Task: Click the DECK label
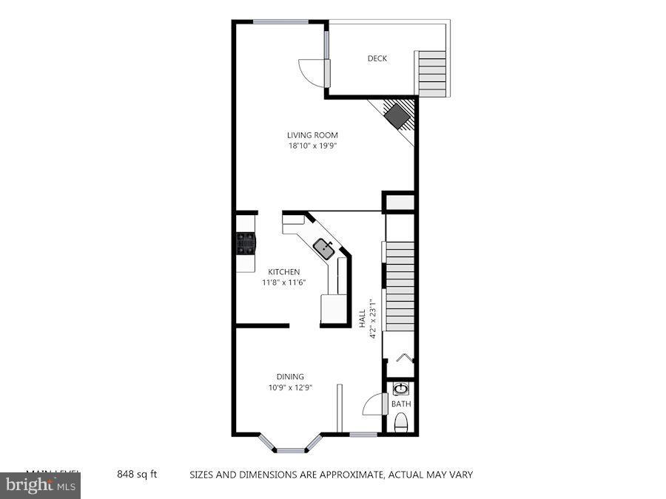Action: click(x=377, y=59)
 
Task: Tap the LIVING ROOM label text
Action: click(x=312, y=135)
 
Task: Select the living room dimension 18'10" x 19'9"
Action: click(x=312, y=146)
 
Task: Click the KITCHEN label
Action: click(x=284, y=272)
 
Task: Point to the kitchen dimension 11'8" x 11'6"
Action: click(x=284, y=282)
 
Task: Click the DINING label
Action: click(x=290, y=376)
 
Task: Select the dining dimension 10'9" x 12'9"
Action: click(x=290, y=387)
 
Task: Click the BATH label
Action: click(x=401, y=404)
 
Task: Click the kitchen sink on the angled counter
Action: click(x=323, y=248)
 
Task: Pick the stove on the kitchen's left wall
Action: click(x=245, y=243)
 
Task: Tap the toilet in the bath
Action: click(x=401, y=423)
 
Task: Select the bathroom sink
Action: click(x=401, y=389)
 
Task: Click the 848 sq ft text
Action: click(x=137, y=474)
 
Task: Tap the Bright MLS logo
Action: click(x=41, y=486)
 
